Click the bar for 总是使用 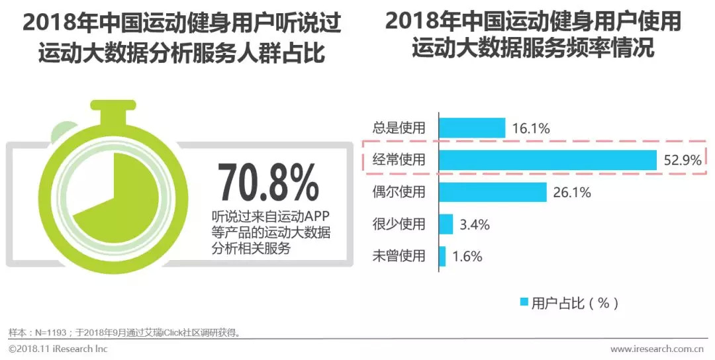coord(472,128)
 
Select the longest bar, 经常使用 coord(547,159)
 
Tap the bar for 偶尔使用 coord(493,192)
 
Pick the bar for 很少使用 coord(446,224)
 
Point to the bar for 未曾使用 coord(442,255)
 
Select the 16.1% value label coord(530,128)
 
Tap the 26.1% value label coord(571,193)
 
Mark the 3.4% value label coord(474,224)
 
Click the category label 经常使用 coord(400,160)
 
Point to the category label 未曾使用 coord(400,256)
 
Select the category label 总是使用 coord(400,128)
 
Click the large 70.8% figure coord(268,182)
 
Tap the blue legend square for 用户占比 coord(524,303)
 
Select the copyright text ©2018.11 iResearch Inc coord(58,349)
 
